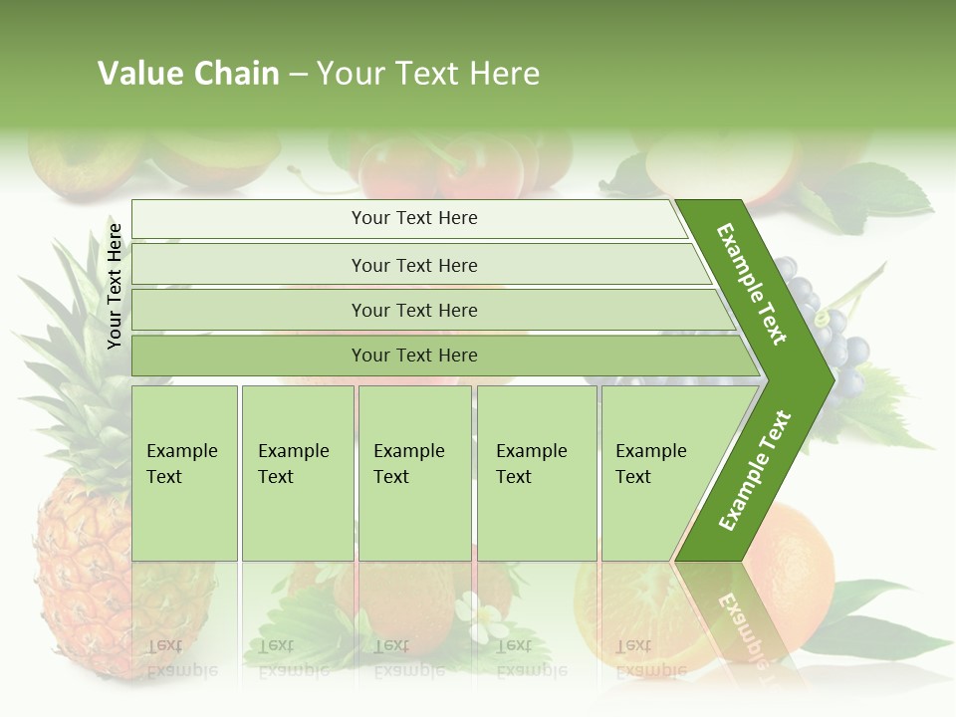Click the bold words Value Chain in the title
tap(188, 74)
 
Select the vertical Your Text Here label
tap(115, 286)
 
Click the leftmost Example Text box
tap(184, 473)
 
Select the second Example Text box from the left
tap(297, 473)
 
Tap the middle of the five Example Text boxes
tap(414, 473)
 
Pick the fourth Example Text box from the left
tap(537, 473)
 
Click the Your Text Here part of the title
tap(427, 74)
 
